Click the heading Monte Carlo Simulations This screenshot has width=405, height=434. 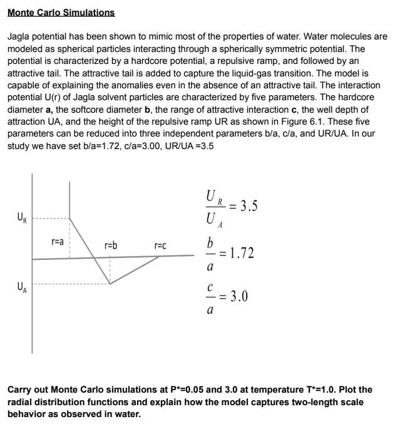tap(61, 13)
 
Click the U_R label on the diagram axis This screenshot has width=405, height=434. tap(21, 219)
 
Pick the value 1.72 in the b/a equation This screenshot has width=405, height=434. tap(241, 254)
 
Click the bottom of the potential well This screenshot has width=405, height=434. tap(110, 284)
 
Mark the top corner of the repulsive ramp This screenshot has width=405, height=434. tap(69, 219)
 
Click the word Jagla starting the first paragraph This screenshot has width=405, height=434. tap(19, 37)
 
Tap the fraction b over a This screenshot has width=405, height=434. tap(210, 254)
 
